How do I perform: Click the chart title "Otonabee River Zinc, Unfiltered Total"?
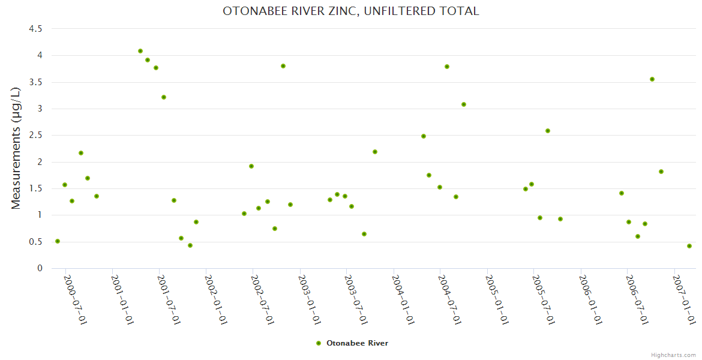coord(351,11)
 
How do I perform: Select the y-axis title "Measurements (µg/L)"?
coord(16,148)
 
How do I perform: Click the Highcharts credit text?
coord(673,355)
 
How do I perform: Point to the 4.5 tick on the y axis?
coord(35,29)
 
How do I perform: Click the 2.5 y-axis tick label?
coord(35,136)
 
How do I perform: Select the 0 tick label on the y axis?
coord(40,269)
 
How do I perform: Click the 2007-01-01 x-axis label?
coord(684,299)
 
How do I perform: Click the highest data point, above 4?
coord(140,51)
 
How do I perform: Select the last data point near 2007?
coord(689,246)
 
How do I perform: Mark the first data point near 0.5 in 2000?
coord(58,241)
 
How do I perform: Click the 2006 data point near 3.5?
coord(652,79)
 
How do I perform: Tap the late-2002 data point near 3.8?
coord(283,66)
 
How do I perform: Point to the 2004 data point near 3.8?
coord(447,67)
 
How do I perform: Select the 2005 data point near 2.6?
coord(548,131)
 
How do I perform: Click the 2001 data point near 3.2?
coord(164,97)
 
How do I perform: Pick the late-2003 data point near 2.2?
coord(375,152)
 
